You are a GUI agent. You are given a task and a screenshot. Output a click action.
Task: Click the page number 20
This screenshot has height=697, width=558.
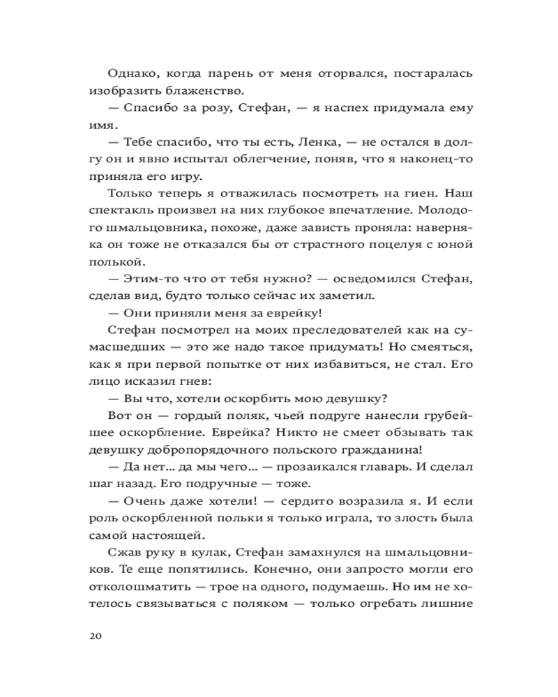tap(96, 636)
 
